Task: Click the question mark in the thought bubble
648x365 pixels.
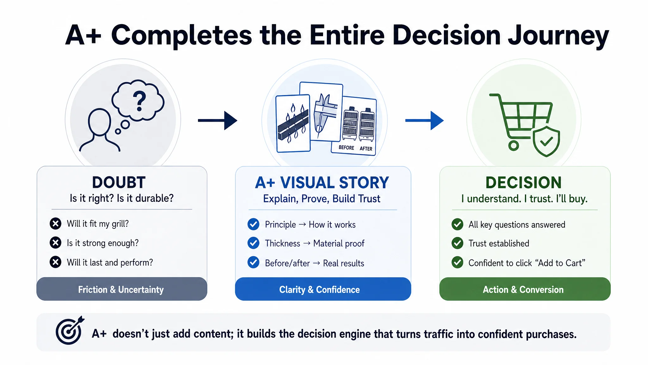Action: [139, 101]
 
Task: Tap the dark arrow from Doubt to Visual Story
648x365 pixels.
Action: [217, 120]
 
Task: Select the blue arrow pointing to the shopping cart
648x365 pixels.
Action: [424, 120]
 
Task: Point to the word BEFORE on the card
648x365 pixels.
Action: [346, 148]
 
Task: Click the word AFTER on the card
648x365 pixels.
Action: [366, 149]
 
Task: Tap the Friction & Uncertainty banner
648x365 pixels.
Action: [122, 289]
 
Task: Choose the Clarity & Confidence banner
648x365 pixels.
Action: [323, 289]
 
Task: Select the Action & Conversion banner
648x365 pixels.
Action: [525, 289]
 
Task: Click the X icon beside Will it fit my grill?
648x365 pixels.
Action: [55, 224]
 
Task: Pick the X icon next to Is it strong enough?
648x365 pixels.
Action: [55, 243]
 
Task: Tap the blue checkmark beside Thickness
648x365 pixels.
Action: [253, 243]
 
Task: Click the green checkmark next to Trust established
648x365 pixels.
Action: [458, 243]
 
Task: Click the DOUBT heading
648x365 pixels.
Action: [119, 182]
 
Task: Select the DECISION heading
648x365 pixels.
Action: [524, 182]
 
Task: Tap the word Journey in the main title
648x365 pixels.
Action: [558, 36]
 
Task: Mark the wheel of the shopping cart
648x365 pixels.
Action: [514, 146]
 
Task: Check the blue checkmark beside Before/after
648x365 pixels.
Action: [253, 263]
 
